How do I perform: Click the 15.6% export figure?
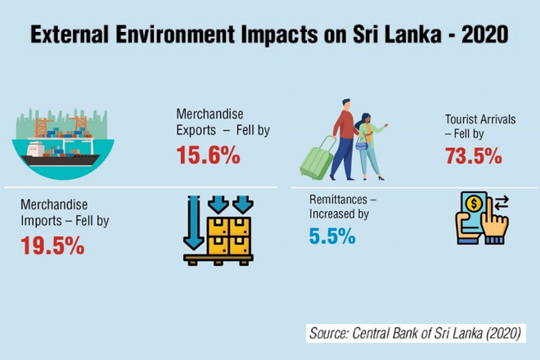point(208,155)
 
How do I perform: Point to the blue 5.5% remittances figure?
point(332,236)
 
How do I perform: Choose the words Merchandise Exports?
point(210,120)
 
